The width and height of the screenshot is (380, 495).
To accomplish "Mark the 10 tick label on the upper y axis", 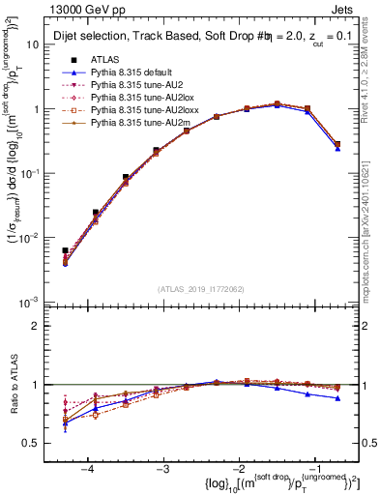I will pyautogui.click(x=41, y=45).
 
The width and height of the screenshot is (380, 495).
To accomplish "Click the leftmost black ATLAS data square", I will pyautogui.click(x=65, y=250).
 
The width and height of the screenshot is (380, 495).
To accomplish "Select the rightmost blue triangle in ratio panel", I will pyautogui.click(x=337, y=398).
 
